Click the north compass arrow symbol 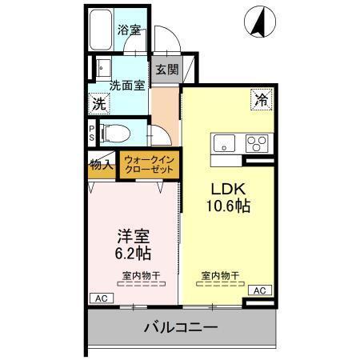(260, 22)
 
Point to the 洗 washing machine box (98, 102)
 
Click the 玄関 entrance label (166, 70)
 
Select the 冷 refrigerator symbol (262, 100)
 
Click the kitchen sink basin (224, 144)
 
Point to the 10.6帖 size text (226, 206)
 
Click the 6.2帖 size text (133, 254)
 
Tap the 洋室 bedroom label (133, 237)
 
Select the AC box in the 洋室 (101, 298)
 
